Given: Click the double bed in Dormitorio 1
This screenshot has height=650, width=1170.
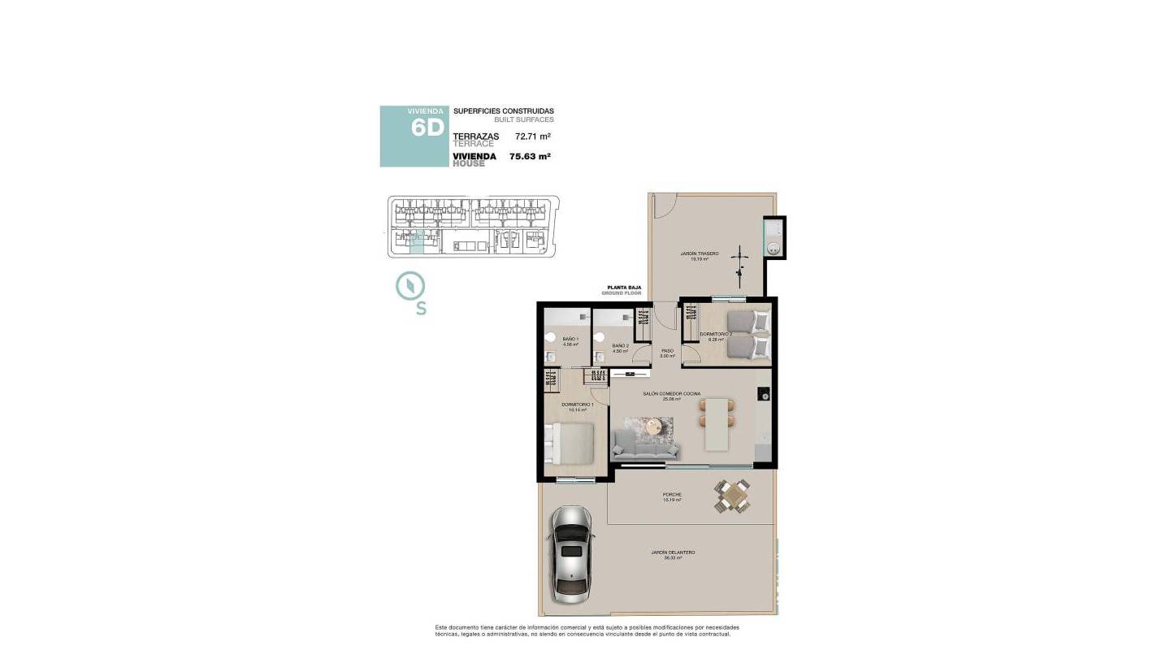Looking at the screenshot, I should coord(576,448).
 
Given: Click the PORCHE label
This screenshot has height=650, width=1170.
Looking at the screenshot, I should coord(671,495).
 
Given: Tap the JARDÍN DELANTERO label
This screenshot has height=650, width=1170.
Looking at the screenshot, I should coord(673,552).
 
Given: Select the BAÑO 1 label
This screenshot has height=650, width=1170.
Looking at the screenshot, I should coord(570,339).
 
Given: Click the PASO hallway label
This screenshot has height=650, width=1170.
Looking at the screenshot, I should coord(667,351).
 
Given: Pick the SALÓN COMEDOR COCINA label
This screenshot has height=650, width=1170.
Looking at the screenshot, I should coord(671,393).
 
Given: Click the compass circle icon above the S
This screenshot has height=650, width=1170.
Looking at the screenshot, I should coord(410,285).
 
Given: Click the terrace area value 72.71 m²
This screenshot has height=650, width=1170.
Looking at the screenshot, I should coord(533,136).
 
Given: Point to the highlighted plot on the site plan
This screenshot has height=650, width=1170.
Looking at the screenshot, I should coord(416,242).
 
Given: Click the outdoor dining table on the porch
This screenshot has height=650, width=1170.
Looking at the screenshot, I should coord(732,495).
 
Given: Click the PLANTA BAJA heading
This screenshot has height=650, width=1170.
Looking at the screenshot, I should coord(625,287).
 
